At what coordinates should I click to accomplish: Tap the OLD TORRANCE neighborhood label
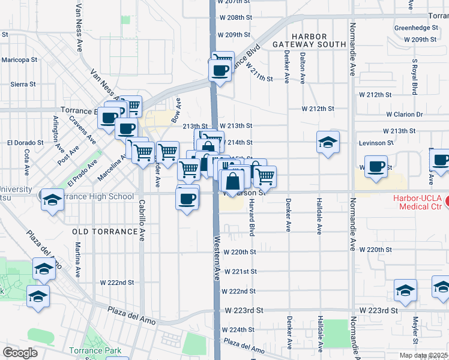[104, 231]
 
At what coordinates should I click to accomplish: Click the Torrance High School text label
[95, 196]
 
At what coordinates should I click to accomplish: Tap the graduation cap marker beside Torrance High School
[53, 200]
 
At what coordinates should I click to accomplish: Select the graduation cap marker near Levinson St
[328, 142]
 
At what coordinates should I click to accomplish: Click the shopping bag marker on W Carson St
[232, 181]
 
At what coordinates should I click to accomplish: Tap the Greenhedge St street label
[416, 28]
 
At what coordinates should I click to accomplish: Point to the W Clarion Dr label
[404, 114]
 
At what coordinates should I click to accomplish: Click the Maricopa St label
[19, 60]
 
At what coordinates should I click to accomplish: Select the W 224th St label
[238, 330]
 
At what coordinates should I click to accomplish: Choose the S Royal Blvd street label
[415, 77]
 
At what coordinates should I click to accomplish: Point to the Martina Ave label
[78, 259]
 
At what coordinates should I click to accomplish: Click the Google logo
[20, 353]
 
